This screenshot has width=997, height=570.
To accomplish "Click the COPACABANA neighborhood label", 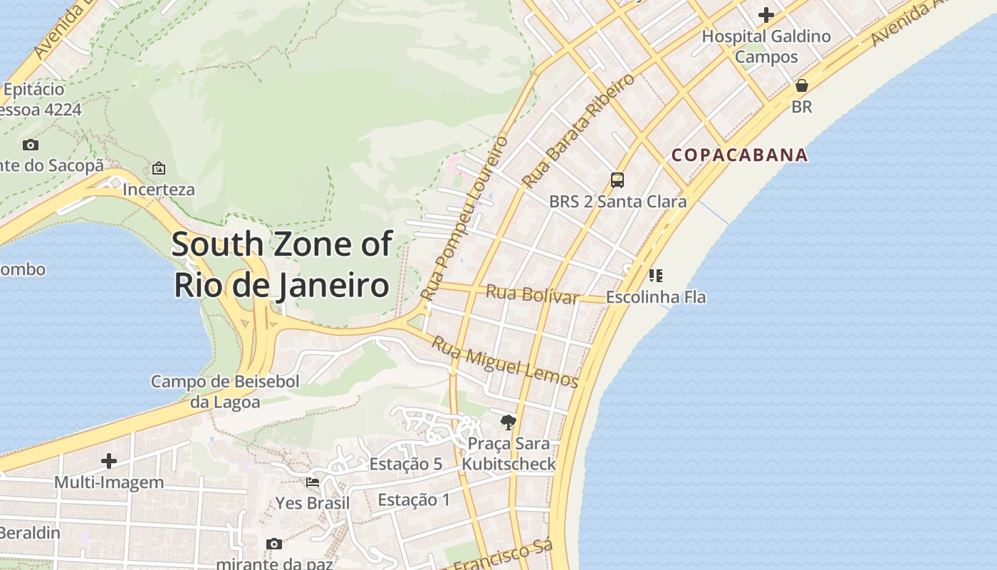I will (740, 155).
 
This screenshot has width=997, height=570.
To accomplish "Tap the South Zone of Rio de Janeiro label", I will (282, 264).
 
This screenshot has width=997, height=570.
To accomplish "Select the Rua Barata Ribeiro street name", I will (578, 131).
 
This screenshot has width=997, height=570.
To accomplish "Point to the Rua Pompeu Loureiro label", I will (464, 217).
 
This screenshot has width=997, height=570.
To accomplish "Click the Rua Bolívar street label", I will (532, 294).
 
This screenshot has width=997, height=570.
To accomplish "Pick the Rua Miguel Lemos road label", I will (505, 362).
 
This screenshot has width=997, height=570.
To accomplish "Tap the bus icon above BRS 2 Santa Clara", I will (617, 180).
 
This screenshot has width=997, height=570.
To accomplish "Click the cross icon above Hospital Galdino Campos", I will (766, 14).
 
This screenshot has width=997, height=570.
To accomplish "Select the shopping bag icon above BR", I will (802, 85).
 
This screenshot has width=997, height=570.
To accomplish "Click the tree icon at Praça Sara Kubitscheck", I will (508, 423).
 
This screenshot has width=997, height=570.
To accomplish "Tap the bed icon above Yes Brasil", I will (313, 482).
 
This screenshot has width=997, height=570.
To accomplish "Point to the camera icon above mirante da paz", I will (274, 544).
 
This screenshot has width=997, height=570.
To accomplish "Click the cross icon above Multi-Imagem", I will (109, 461).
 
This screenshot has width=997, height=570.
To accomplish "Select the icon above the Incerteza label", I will (159, 168).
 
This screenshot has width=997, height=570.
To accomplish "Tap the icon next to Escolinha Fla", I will (656, 275).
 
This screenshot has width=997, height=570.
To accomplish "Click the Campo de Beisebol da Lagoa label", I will (225, 391).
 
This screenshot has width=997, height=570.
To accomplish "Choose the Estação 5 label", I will (406, 465).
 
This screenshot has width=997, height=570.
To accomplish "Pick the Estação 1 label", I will (414, 500).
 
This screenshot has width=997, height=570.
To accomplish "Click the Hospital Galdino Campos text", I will (766, 46).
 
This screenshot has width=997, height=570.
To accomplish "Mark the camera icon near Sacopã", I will (31, 145).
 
